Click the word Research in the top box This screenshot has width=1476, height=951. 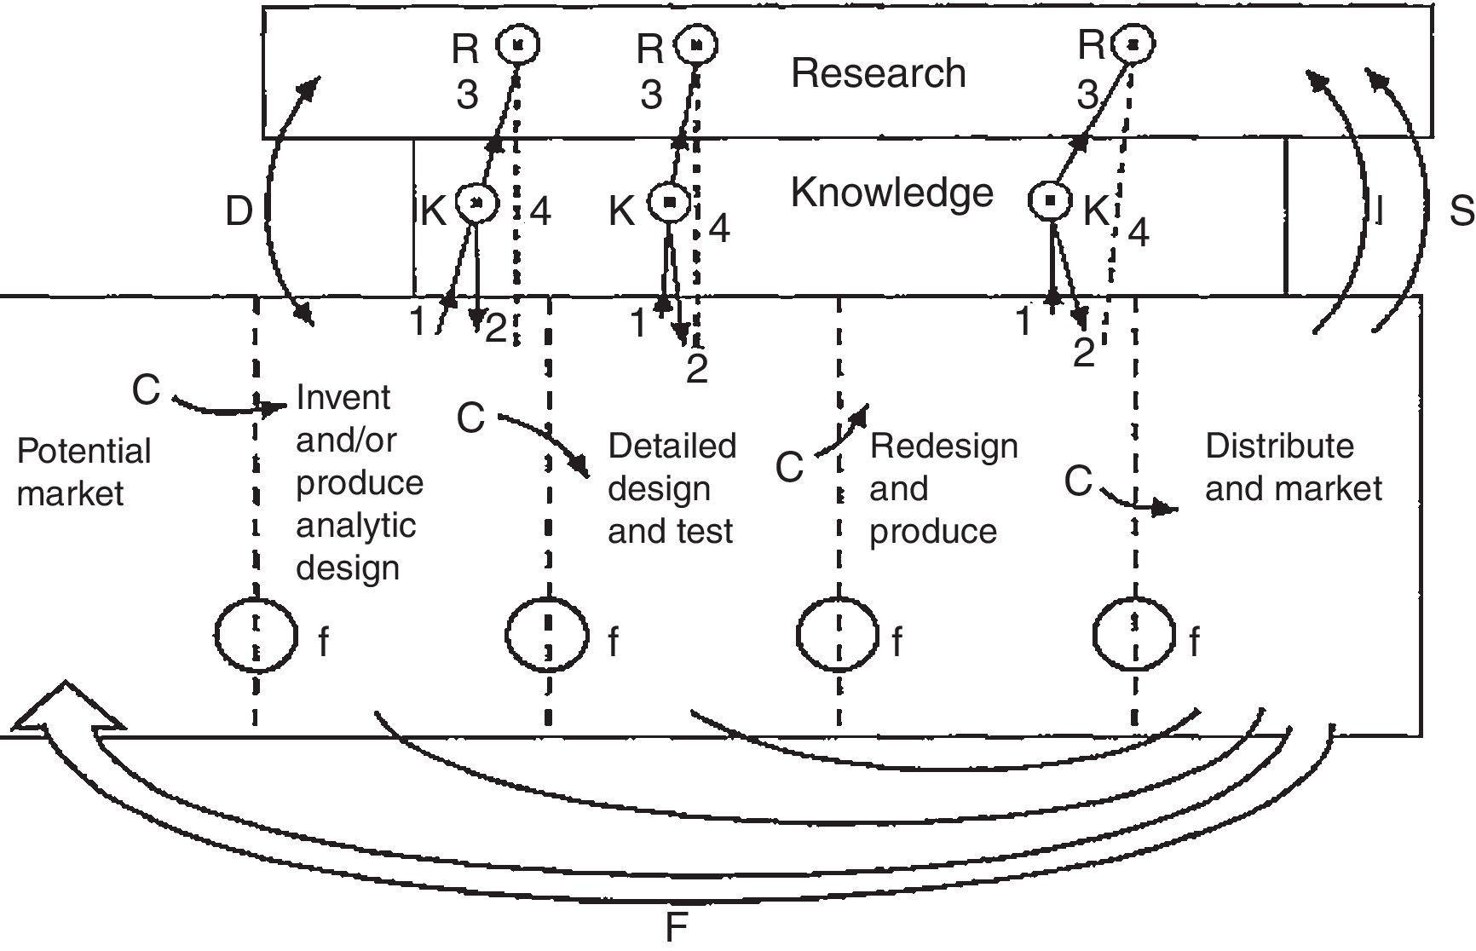878,73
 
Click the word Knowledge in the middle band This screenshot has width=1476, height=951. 891,193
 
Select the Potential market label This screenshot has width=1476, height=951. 83,472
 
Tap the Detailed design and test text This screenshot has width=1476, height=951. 672,488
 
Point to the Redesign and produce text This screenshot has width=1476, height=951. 943,488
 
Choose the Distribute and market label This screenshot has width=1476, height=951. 1293,467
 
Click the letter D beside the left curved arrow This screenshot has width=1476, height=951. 239,211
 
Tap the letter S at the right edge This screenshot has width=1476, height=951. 1461,211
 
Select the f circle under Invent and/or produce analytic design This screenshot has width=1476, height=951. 256,636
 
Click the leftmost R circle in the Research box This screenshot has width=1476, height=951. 519,43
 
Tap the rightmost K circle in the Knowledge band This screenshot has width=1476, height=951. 1051,200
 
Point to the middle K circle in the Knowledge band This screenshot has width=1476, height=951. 670,202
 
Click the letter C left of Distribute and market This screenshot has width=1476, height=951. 1078,481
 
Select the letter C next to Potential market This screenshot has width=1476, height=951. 146,390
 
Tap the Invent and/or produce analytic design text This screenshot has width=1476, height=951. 359,482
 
